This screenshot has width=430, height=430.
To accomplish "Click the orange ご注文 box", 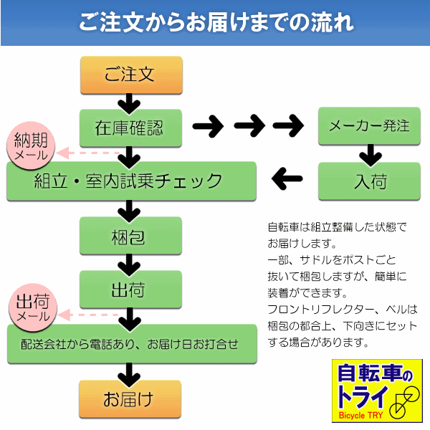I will [130, 75].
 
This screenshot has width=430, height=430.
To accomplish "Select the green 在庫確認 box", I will [130, 128].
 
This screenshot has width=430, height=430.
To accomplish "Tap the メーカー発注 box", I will [369, 126].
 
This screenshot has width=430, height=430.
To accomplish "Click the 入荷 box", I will [369, 181].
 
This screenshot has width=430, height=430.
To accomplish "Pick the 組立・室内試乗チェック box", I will [131, 181].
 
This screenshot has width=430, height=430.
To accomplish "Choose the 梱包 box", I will [130, 236].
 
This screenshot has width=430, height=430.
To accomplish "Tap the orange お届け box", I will [130, 398].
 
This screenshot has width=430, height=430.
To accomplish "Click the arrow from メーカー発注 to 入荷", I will [369, 153].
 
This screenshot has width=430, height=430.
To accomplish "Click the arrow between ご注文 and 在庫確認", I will [130, 102].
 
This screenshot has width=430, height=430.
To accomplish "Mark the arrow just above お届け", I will [130, 371].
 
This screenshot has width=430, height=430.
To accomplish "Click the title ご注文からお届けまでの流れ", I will [215, 21].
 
